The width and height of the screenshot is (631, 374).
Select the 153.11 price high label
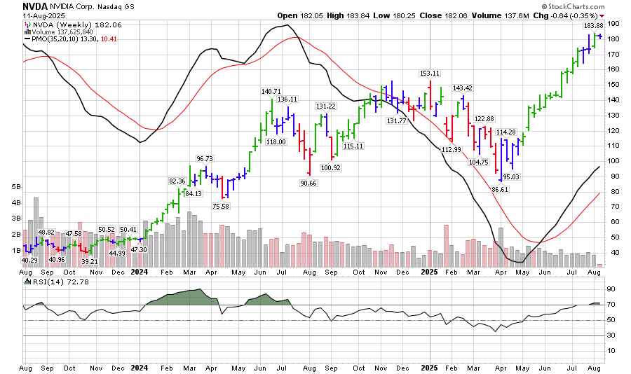click(x=429, y=73)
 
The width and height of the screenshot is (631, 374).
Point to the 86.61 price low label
click(x=499, y=189)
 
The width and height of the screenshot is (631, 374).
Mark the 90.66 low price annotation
click(x=307, y=183)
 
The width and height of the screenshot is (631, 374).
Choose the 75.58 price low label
click(x=221, y=205)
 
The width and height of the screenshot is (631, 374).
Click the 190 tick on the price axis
click(x=612, y=24)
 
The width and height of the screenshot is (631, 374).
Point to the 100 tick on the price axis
click(x=612, y=161)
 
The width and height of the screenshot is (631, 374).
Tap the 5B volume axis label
click(x=16, y=188)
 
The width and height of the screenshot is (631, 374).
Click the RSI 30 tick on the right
click(x=611, y=335)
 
